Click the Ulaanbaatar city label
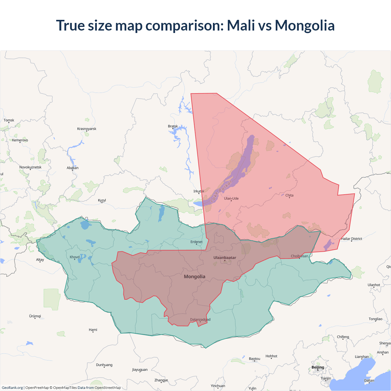click(225, 258)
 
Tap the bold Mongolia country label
click(195, 276)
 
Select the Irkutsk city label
click(199, 191)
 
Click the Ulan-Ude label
click(231, 198)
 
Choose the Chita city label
click(289, 195)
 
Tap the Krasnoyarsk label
click(87, 129)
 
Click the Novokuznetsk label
click(30, 167)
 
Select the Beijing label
click(318, 367)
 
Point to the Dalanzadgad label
click(200, 320)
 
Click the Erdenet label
click(196, 242)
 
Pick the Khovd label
click(75, 257)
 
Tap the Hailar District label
click(352, 239)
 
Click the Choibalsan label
click(299, 256)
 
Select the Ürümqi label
click(35, 316)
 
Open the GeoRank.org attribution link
click(12, 388)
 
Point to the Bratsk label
click(173, 126)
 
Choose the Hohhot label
click(271, 356)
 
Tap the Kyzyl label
click(102, 200)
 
